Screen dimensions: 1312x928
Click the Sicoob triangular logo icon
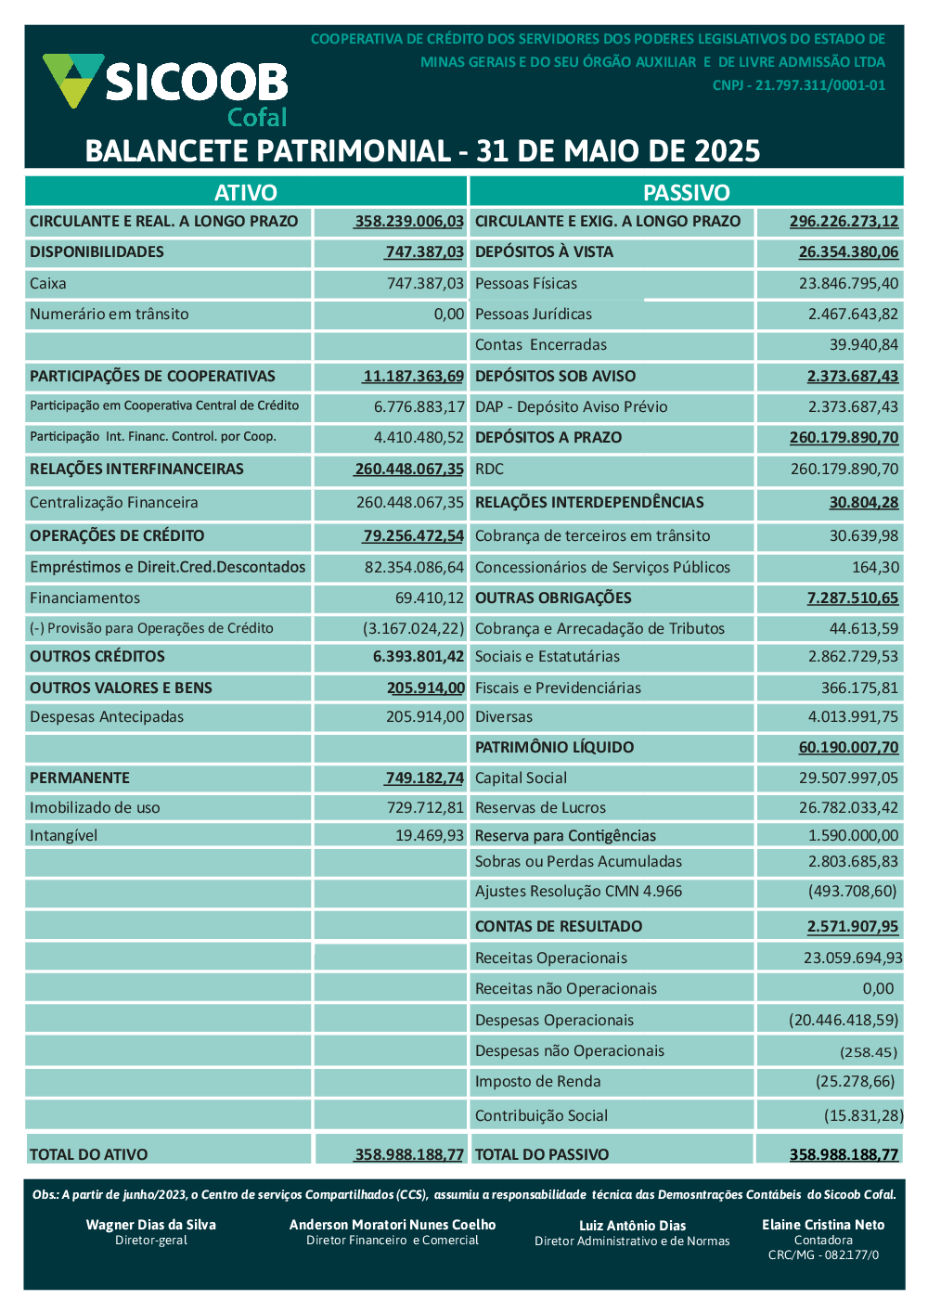pos(72,79)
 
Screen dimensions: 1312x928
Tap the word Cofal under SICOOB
pos(257,118)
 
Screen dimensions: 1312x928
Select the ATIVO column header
pos(246,192)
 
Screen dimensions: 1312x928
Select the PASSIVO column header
pos(687,192)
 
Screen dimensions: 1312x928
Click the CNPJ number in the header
pos(799,85)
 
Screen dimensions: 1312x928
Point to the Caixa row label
pos(48,283)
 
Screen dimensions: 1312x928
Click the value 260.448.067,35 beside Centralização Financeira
pos(409,502)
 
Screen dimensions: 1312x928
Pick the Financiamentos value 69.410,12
pos(429,598)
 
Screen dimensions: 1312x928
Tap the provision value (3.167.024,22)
pos(413,628)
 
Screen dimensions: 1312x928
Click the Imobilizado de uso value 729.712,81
pos(425,807)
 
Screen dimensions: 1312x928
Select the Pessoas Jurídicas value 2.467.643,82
pos(853,314)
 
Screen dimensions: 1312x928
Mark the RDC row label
pos(489,469)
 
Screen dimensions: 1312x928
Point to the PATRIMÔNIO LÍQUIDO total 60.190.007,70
pos(848,747)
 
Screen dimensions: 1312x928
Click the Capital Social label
pos(521,778)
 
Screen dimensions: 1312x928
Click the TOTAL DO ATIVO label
pos(88,1154)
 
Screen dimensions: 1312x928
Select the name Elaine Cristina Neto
pos(823,1225)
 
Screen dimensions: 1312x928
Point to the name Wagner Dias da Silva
pos(151,1225)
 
